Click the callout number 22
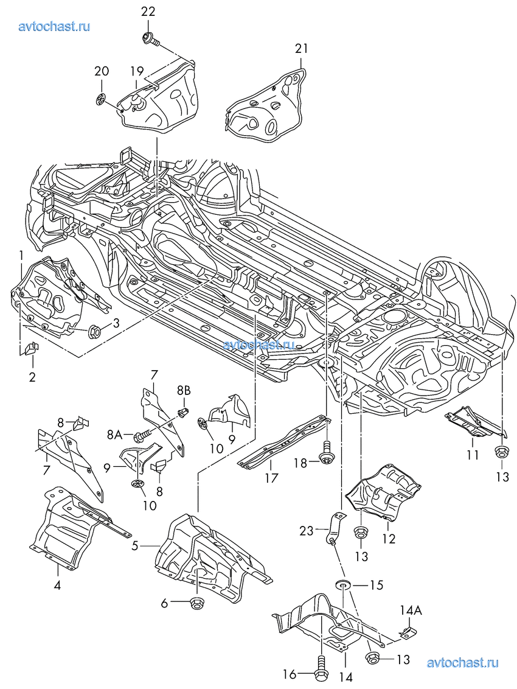tap(148, 12)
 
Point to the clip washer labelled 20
tap(102, 99)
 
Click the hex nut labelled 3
tap(95, 332)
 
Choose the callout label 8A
tap(114, 435)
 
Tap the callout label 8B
tap(184, 389)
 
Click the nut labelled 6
tap(196, 604)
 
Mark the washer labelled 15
tap(343, 586)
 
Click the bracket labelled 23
tap(334, 526)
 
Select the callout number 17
tap(271, 478)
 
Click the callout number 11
tap(473, 454)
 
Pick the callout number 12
tap(389, 538)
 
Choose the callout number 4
tap(57, 586)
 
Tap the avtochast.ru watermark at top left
tap(55, 26)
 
